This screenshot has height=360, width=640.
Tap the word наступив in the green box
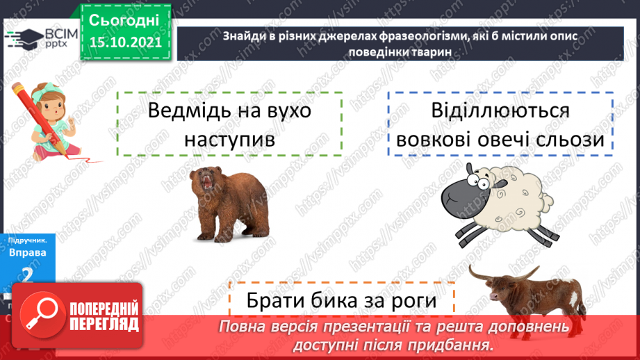pos(230,139)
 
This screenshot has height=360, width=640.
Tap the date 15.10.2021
pos(125,42)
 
